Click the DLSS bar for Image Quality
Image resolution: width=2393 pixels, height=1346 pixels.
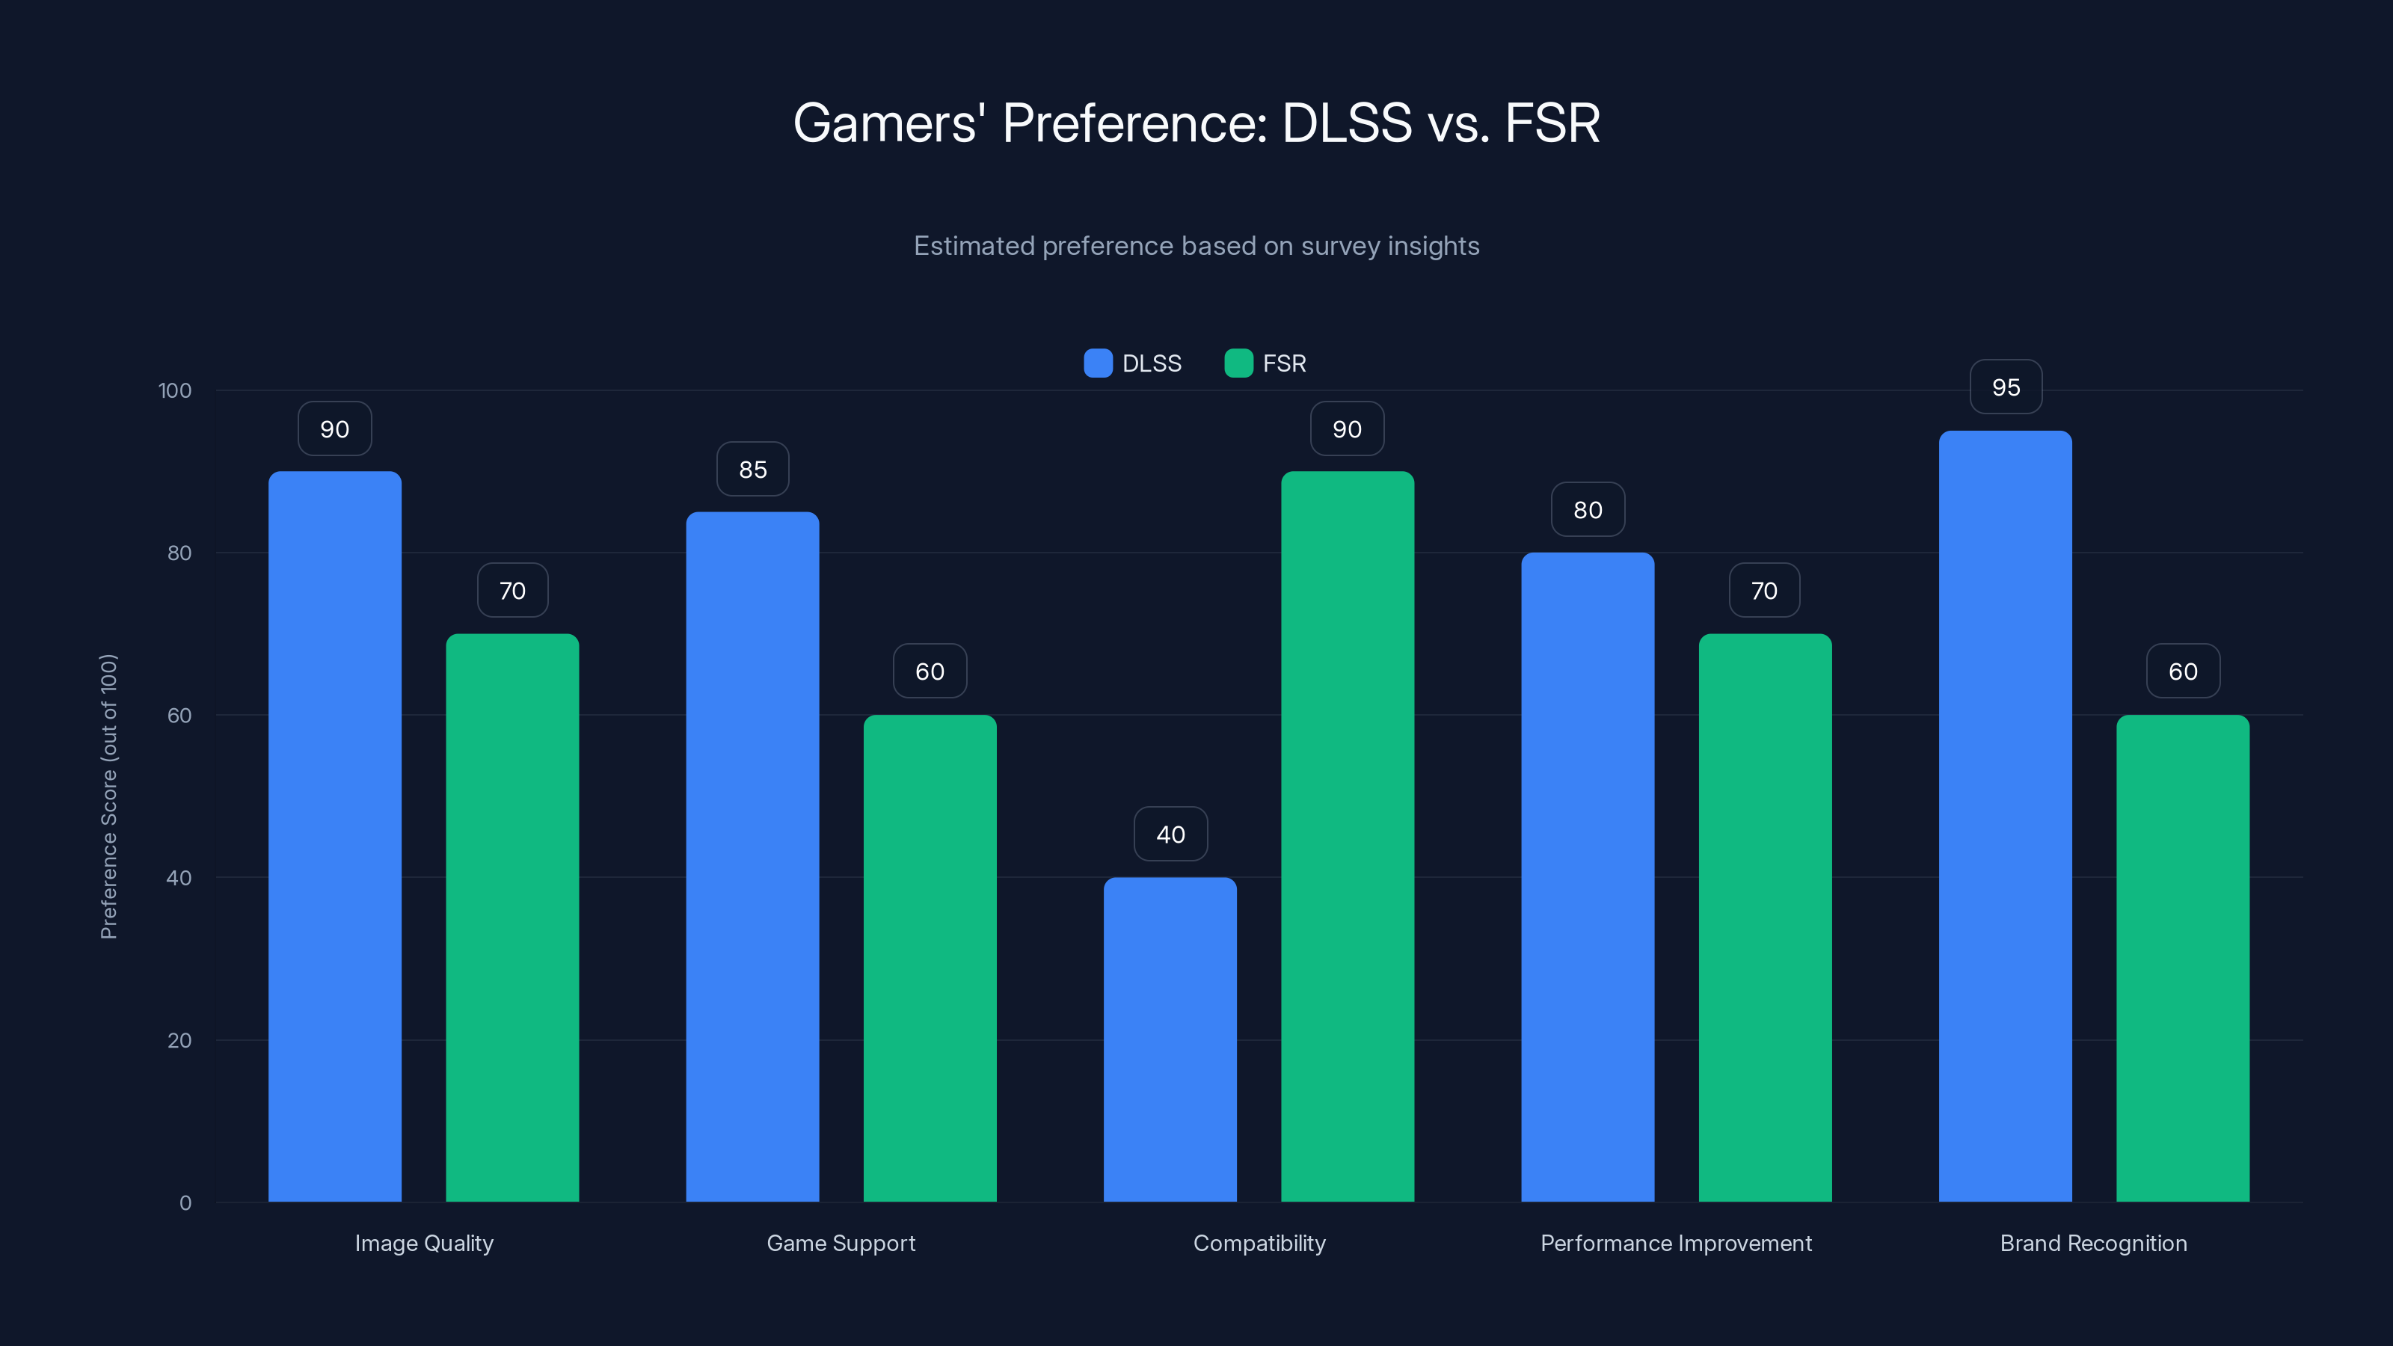pyautogui.click(x=334, y=836)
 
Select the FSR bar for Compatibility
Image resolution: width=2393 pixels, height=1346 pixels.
pyautogui.click(x=1347, y=836)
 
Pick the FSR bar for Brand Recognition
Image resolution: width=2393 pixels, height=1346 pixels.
pyautogui.click(x=2182, y=958)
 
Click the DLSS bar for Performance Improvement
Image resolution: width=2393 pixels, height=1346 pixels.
pyautogui.click(x=1587, y=877)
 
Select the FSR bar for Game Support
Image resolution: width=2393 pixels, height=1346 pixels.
pyautogui.click(x=930, y=958)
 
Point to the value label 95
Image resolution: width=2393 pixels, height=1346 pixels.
pyautogui.click(x=2006, y=387)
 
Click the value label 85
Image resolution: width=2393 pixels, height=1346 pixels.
pyautogui.click(x=752, y=469)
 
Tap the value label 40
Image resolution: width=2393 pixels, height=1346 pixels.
pyautogui.click(x=1170, y=835)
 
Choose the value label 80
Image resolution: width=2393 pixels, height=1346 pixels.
pyautogui.click(x=1588, y=509)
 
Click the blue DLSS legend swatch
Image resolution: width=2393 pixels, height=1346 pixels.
pyautogui.click(x=1098, y=363)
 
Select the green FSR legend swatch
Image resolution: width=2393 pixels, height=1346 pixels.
pyautogui.click(x=1238, y=363)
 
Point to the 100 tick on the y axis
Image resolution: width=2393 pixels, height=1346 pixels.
pyautogui.click(x=175, y=390)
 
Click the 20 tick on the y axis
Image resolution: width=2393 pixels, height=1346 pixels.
pyautogui.click(x=179, y=1040)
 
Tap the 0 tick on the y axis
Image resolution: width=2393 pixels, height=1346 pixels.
pyautogui.click(x=185, y=1203)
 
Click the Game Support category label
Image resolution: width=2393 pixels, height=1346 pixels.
pyautogui.click(x=841, y=1243)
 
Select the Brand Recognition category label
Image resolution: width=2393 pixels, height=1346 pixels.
pyautogui.click(x=2093, y=1243)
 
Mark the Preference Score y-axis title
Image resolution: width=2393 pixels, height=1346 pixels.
pyautogui.click(x=108, y=796)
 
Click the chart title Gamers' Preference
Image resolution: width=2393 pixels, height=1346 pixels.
pyautogui.click(x=1196, y=123)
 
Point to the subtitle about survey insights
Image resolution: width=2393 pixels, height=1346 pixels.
pyautogui.click(x=1196, y=245)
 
